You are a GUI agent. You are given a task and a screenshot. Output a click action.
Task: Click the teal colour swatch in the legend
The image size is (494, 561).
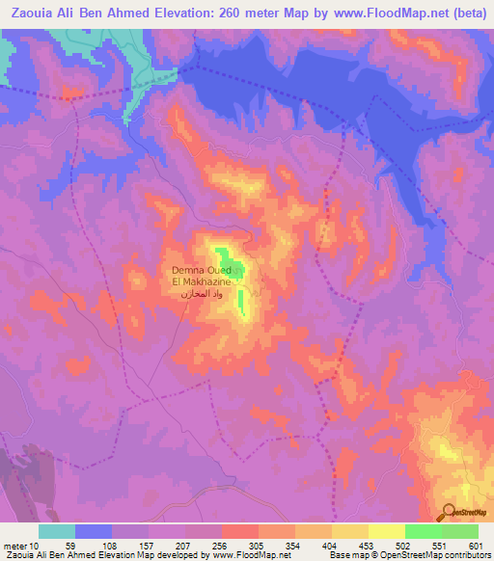pos(57,531)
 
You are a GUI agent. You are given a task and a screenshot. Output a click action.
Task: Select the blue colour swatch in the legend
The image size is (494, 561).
pos(94,531)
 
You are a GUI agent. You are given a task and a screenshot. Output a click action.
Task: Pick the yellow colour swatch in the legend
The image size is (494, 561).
pos(386,531)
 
